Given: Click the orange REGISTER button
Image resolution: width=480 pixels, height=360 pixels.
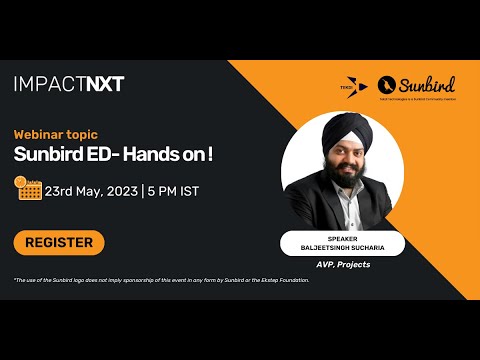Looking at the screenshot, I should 59,242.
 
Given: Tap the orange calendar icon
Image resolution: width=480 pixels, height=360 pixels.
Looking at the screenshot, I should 28,188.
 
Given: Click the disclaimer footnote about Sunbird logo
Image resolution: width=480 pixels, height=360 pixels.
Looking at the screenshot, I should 161,280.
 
